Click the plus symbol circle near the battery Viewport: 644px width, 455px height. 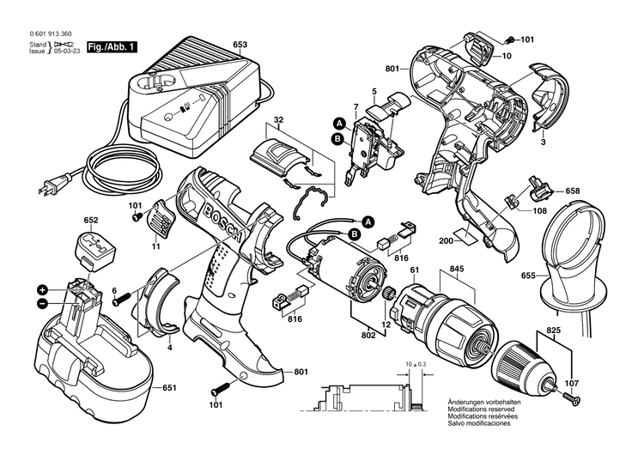tap(41, 289)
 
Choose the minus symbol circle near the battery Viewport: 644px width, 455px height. tap(41, 303)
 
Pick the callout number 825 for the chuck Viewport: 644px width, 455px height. tap(554, 330)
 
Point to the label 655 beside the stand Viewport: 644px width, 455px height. tap(528, 276)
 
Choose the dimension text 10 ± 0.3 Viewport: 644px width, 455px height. tap(415, 365)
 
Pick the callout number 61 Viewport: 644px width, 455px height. tap(413, 270)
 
